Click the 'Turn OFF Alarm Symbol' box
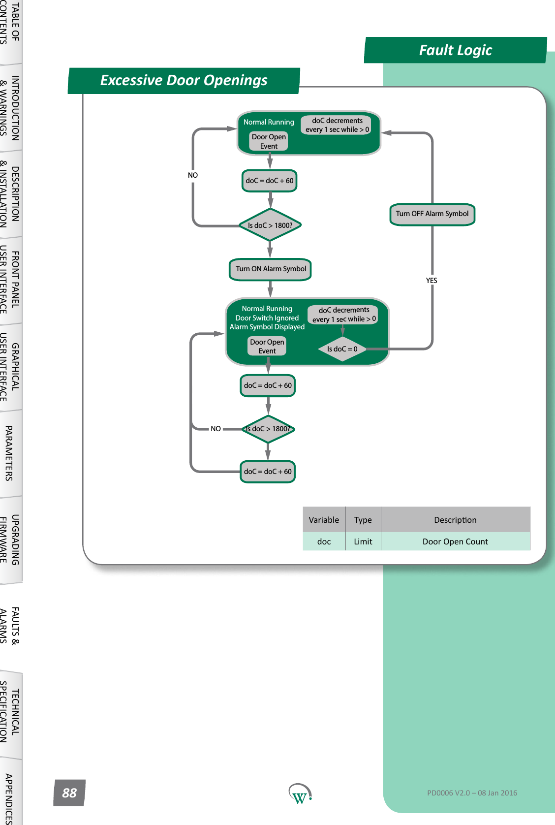(x=432, y=214)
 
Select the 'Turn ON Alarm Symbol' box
(x=270, y=269)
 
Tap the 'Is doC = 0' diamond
(x=342, y=349)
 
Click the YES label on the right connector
(x=432, y=281)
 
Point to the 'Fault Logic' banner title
(x=455, y=50)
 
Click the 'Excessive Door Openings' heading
(x=184, y=80)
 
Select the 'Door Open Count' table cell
(x=455, y=541)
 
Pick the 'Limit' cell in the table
(x=363, y=541)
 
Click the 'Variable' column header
(x=324, y=520)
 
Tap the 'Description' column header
(x=455, y=520)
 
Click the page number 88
(x=69, y=793)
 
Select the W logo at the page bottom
(x=299, y=794)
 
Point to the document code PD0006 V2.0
(x=472, y=793)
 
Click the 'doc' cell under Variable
(x=324, y=541)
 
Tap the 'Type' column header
(x=363, y=520)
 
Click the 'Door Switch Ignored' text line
(x=267, y=318)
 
